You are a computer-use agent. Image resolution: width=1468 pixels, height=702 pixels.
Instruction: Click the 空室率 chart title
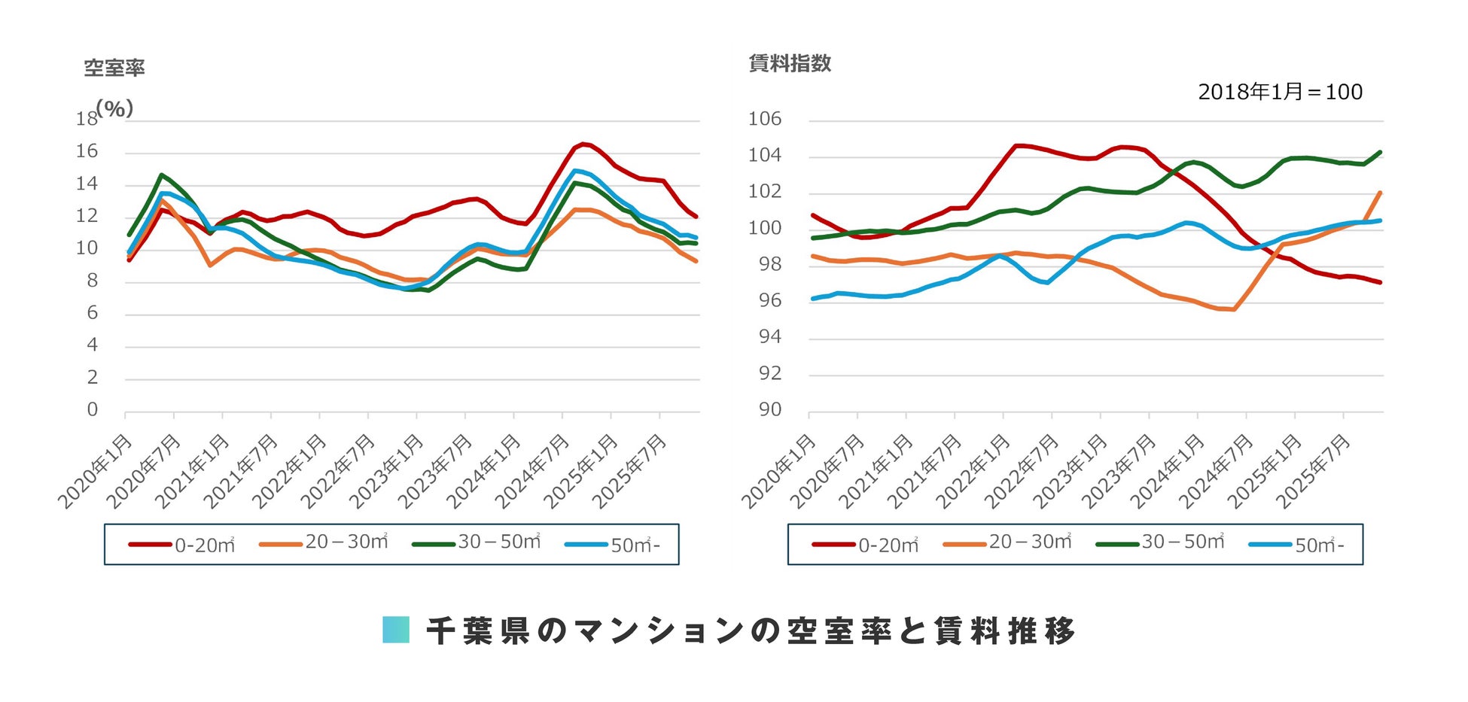click(x=114, y=68)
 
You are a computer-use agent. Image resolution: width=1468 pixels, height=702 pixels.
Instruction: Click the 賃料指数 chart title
click(x=790, y=64)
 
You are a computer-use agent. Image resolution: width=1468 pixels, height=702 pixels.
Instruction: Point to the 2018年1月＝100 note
click(x=1280, y=92)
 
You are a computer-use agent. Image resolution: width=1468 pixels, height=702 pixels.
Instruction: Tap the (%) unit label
click(x=114, y=108)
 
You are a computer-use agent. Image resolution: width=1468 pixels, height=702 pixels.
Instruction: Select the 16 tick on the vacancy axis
click(x=87, y=151)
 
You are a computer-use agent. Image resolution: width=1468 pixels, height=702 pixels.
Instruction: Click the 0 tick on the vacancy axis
click(x=92, y=409)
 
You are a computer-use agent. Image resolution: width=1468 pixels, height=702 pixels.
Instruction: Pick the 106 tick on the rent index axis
click(x=764, y=119)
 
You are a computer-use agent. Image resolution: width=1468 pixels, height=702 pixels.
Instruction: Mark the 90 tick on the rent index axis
click(x=769, y=409)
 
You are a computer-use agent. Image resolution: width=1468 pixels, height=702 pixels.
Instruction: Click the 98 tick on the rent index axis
click(x=769, y=264)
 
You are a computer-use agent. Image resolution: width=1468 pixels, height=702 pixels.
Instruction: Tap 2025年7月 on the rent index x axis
click(x=1314, y=470)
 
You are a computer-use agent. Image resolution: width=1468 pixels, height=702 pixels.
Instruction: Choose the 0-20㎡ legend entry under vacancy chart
click(x=183, y=545)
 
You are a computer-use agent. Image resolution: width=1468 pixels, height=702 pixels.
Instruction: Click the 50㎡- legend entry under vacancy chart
click(x=613, y=545)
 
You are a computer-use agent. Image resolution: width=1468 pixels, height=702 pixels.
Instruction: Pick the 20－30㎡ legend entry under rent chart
click(x=1008, y=542)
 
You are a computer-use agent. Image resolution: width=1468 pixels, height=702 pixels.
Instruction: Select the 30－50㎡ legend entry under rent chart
click(x=1161, y=542)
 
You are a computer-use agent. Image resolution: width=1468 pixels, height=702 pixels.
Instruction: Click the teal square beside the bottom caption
click(x=396, y=630)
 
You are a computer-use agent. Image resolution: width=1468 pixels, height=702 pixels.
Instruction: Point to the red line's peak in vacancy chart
click(x=584, y=144)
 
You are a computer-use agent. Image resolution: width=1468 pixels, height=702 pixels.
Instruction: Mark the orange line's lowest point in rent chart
click(x=1233, y=309)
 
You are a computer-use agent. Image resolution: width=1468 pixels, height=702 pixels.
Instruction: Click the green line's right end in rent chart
click(x=1380, y=152)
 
